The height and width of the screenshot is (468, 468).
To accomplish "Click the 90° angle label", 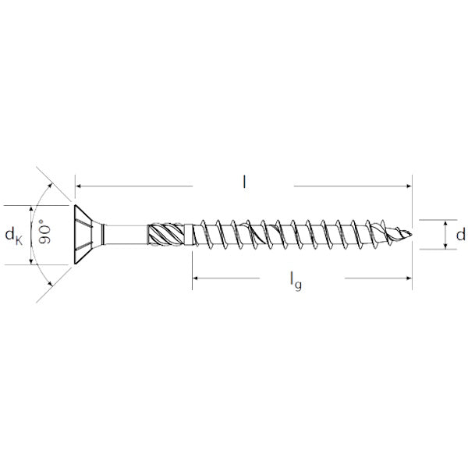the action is click(x=44, y=232).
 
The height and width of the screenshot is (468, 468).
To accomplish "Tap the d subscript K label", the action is click(x=14, y=236).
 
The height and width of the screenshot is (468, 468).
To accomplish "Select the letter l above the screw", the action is click(x=244, y=182).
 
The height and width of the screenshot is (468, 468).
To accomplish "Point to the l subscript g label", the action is click(x=296, y=281).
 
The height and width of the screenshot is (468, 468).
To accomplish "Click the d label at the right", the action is click(x=460, y=234).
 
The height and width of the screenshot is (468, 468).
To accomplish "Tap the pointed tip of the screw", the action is click(x=412, y=234).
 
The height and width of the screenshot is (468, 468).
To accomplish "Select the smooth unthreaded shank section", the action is click(x=126, y=235).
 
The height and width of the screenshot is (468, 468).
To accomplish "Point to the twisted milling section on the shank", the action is click(x=166, y=235).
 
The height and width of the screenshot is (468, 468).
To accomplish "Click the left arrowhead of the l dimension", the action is click(x=78, y=186).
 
